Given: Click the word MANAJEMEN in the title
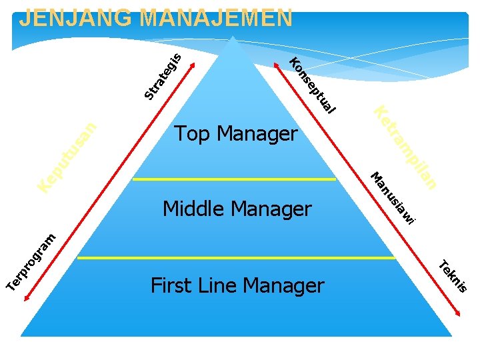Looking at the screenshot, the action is coord(216,18).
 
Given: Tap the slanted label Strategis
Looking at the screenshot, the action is coord(162,76).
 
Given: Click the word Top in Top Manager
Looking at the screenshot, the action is coord(193,134).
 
